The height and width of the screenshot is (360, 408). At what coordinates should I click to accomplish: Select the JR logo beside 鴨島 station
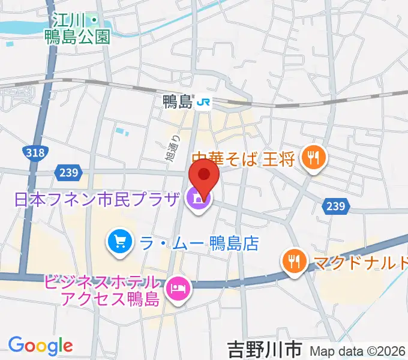(x=203, y=103)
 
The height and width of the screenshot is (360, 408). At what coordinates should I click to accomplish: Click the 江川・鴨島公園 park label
(x=79, y=29)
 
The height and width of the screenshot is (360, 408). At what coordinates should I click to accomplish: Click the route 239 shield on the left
(x=68, y=173)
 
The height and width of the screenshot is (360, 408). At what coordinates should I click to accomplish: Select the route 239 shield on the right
(x=335, y=206)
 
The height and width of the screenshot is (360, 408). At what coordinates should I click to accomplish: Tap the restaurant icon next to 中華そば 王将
(x=313, y=158)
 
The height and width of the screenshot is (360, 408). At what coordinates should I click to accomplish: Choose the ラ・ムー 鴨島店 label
(x=199, y=243)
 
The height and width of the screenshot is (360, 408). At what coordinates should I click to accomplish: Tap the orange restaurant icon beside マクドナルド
(x=294, y=262)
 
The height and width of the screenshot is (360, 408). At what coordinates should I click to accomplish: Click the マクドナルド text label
(x=359, y=262)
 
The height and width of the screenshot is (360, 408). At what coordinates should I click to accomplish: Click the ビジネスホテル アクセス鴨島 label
(x=102, y=290)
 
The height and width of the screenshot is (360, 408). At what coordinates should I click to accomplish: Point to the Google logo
(x=40, y=346)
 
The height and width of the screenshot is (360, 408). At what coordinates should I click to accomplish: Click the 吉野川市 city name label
(x=265, y=347)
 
